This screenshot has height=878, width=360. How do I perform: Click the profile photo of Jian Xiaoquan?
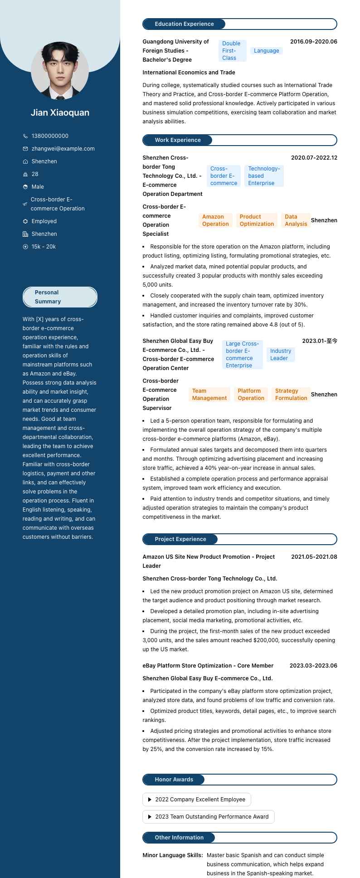click(x=60, y=70)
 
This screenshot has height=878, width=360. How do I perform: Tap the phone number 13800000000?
click(x=50, y=136)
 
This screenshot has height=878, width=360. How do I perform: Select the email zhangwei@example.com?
click(x=63, y=149)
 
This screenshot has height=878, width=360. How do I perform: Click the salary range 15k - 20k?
click(x=44, y=247)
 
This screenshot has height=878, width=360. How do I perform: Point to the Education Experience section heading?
click(x=184, y=24)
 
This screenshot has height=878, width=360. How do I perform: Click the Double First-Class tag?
click(x=232, y=51)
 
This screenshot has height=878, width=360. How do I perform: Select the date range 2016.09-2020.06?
click(x=313, y=42)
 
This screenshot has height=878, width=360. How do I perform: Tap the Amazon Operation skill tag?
click(x=215, y=220)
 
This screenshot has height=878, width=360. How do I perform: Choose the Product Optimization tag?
click(x=257, y=220)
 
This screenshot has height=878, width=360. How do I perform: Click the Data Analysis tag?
click(x=296, y=220)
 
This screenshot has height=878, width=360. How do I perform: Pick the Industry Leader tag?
click(x=281, y=355)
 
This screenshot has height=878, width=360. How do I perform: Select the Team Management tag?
click(x=209, y=395)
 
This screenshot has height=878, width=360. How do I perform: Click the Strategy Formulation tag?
click(x=291, y=395)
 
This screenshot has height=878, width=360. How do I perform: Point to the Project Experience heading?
click(x=180, y=539)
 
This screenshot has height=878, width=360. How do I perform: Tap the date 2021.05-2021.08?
click(x=314, y=557)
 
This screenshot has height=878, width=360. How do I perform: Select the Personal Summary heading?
click(x=48, y=297)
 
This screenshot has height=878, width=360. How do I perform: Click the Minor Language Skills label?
click(x=173, y=855)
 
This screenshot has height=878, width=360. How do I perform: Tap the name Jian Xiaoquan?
click(x=60, y=112)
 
